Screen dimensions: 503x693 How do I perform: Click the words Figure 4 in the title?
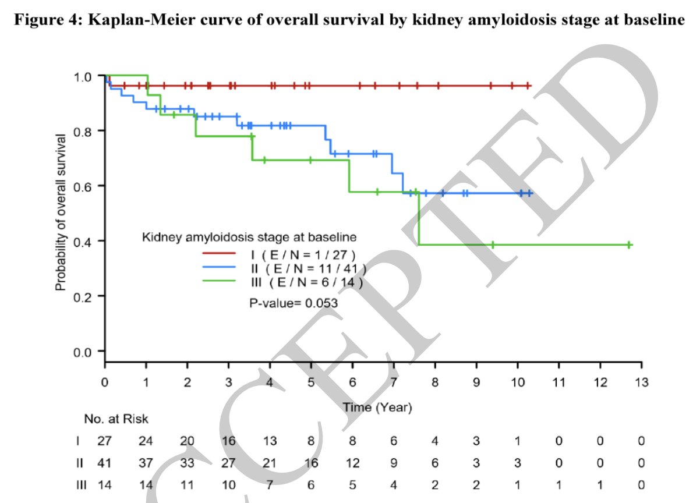[40, 20]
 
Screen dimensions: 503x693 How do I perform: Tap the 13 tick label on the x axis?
[641, 382]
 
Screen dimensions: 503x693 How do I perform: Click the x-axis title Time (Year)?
[377, 408]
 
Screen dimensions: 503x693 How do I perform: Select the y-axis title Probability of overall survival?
[60, 212]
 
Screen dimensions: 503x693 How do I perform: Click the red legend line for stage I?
[218, 253]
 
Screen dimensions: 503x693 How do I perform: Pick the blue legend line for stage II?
[218, 268]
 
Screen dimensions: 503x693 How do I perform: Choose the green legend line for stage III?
[218, 282]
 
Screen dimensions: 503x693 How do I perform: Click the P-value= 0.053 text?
[294, 303]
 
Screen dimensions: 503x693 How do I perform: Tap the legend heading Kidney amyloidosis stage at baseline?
[249, 237]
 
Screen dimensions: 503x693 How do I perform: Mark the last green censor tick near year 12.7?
[630, 245]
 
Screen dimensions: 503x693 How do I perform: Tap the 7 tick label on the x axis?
[393, 382]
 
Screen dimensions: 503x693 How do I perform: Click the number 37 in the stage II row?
[146, 464]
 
